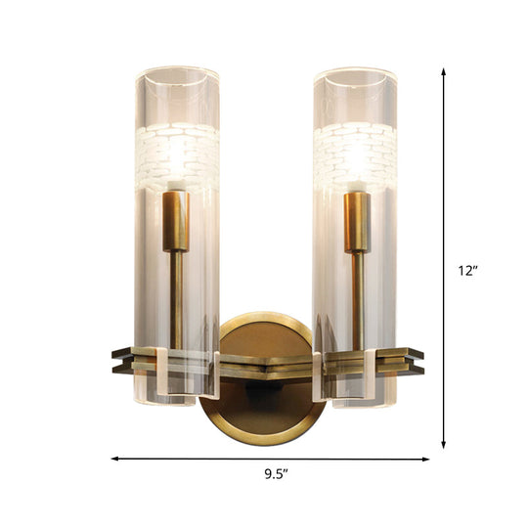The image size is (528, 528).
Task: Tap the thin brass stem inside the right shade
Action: coord(357,293)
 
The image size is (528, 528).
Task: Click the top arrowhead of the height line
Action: coord(445,71)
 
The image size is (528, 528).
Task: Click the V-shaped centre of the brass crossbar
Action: coord(266,363)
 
